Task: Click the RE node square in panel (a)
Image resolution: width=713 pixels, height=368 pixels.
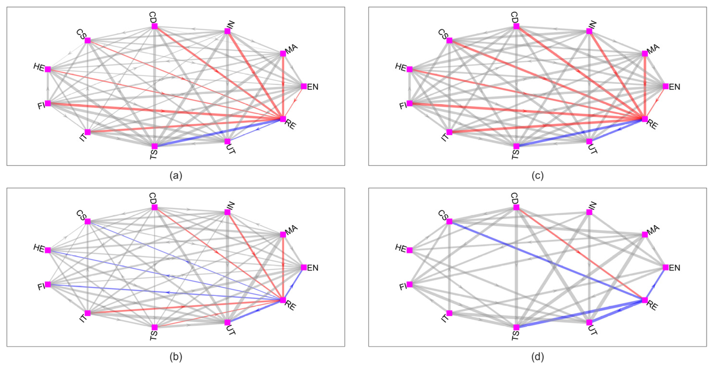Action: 283,119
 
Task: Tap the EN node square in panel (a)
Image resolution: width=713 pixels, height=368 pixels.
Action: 304,87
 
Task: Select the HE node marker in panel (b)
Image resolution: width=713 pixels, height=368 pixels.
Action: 48,250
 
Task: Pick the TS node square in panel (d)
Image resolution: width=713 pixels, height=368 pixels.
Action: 516,327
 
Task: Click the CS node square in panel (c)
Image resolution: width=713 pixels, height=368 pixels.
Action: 449,41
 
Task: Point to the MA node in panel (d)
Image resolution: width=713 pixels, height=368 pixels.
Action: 645,235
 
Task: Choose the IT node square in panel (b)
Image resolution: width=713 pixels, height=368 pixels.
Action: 88,313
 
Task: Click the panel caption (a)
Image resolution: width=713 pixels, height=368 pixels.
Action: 176,176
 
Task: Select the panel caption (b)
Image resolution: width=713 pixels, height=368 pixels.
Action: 176,357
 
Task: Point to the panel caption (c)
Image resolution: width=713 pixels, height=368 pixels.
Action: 537,176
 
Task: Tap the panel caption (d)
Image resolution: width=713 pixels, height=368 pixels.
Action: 537,357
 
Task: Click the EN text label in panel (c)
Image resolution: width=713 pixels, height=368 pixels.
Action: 674,87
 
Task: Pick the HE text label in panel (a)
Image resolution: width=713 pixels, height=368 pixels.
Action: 39,67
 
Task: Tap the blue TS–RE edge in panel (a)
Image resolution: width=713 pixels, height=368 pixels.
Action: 219,133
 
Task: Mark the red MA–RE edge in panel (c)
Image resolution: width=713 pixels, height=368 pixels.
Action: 645,86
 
